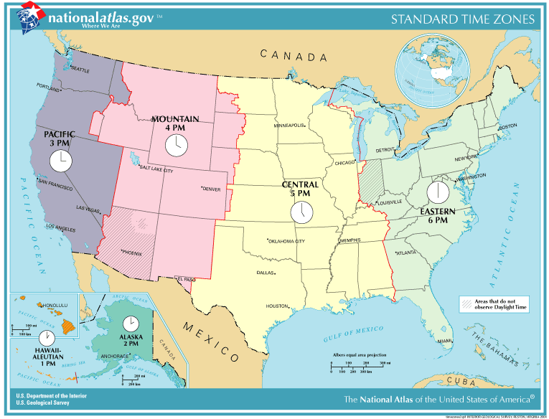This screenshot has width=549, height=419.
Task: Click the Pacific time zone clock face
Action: [61, 161]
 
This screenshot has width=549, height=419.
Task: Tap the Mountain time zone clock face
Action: [175, 145]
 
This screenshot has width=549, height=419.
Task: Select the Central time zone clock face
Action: [301, 212]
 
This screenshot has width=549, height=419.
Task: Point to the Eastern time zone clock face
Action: [437, 192]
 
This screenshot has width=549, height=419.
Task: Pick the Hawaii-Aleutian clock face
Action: [47, 339]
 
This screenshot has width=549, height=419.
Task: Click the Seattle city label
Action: [80, 70]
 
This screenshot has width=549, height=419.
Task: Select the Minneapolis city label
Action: [290, 125]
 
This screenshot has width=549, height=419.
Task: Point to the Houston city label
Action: [277, 306]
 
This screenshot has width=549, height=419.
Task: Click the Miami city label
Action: [445, 341]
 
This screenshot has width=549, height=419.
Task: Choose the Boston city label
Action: [507, 126]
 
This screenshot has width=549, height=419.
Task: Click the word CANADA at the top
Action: [294, 55]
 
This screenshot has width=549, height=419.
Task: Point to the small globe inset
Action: [435, 70]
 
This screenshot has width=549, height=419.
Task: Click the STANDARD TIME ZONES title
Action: [462, 19]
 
